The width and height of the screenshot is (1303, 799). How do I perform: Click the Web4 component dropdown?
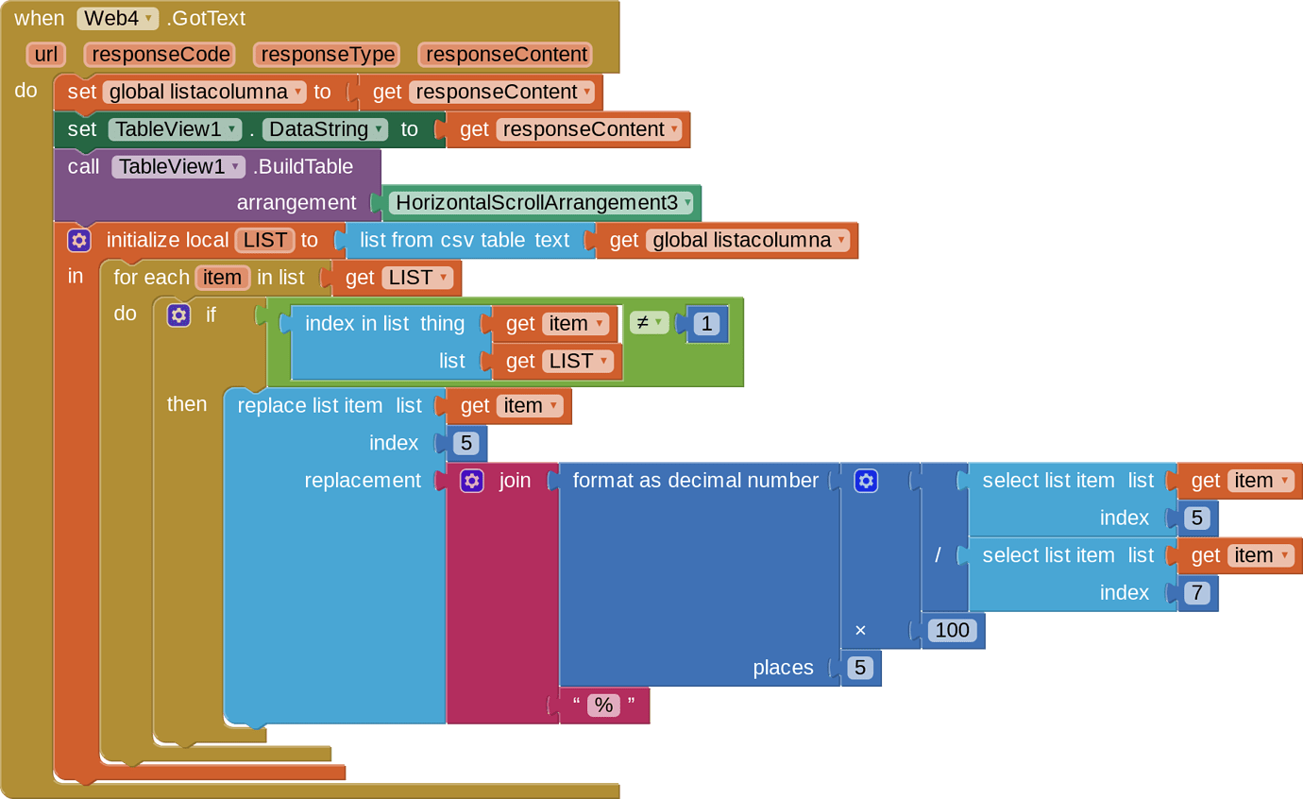[117, 19]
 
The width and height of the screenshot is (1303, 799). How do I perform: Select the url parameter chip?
[46, 54]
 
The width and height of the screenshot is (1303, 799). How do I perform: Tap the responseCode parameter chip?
[161, 54]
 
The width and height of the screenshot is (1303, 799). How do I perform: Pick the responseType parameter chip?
[328, 54]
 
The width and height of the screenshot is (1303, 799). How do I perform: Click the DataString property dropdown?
[325, 129]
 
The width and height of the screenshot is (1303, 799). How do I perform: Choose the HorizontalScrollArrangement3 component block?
[542, 202]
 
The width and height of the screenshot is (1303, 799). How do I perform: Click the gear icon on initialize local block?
[79, 240]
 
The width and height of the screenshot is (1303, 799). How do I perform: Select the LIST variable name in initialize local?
[264, 240]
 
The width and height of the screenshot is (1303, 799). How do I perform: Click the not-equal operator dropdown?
[649, 322]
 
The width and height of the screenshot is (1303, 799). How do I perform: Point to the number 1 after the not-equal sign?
[707, 324]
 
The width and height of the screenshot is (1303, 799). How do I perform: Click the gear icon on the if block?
[178, 314]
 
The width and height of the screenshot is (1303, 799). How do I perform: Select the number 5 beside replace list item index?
[465, 444]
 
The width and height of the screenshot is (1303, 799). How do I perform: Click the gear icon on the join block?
[472, 481]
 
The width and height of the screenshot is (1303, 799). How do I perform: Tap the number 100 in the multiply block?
[953, 630]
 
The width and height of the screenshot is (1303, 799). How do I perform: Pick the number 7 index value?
[1196, 593]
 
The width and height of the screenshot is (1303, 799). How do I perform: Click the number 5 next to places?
[860, 668]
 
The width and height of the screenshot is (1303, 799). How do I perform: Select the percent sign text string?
[603, 705]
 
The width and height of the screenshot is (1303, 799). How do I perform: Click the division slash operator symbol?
[937, 555]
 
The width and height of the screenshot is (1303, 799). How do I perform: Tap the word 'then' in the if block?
[187, 404]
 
